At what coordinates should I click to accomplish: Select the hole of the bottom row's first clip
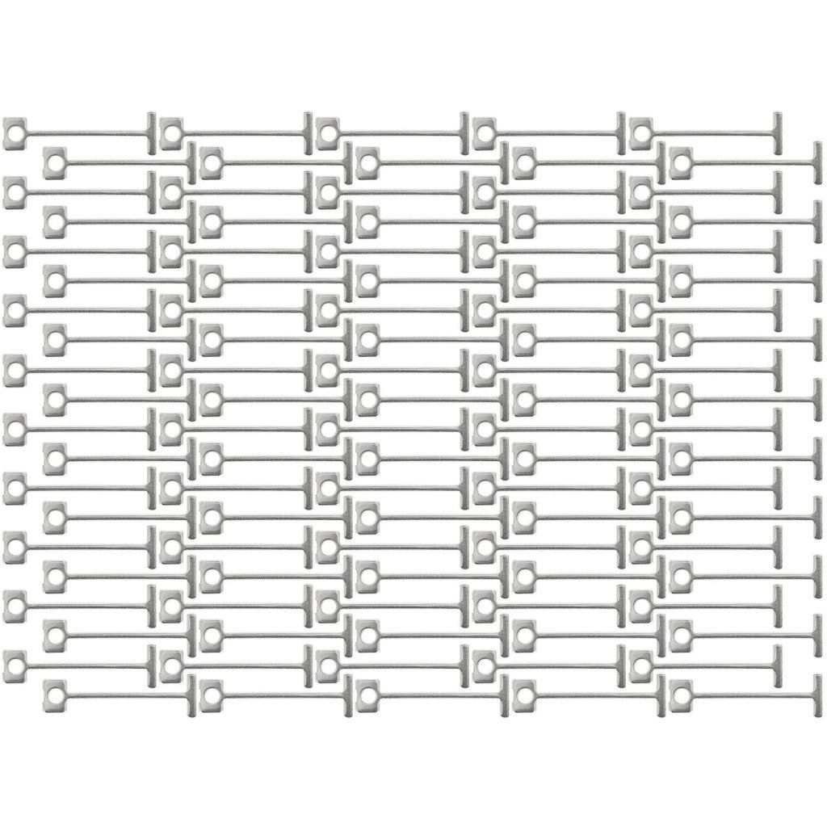pos(53,693)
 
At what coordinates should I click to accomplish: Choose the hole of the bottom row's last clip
pos(680,693)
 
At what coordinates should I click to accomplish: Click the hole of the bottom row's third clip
pos(367,693)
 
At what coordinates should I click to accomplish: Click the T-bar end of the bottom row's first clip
pos(191,693)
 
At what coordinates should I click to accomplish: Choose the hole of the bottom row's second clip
pos(210,693)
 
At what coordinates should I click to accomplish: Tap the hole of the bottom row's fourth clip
pos(523,693)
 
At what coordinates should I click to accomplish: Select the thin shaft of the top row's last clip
pos(711,134)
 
